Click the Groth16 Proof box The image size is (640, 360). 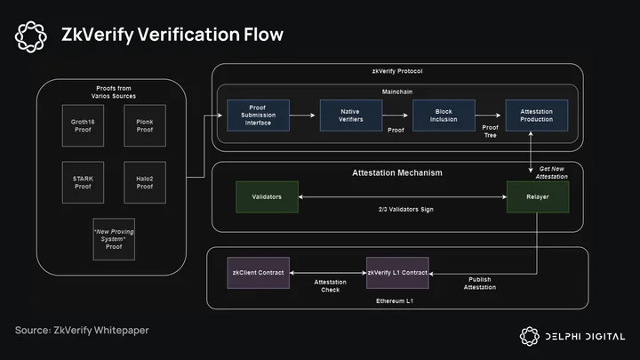(83, 125)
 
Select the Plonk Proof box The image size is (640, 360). (145, 125)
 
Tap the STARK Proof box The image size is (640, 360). (83, 182)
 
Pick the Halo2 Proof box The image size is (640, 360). (145, 182)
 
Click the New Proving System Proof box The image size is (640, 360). (114, 239)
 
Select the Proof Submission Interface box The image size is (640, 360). (259, 116)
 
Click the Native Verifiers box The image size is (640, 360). (351, 116)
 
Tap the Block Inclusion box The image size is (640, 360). (444, 116)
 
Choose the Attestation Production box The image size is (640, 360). (537, 116)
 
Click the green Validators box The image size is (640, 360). (267, 196)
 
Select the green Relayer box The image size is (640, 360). (538, 196)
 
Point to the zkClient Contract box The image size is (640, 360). (259, 273)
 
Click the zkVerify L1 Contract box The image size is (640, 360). (397, 273)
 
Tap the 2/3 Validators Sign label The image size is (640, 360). (406, 210)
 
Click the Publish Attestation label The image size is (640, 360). (480, 284)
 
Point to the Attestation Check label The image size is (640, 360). (330, 285)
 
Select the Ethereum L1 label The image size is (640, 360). (395, 300)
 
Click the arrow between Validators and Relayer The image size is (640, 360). (403, 196)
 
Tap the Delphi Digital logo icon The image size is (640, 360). (530, 336)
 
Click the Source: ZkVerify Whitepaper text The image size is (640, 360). (82, 330)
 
